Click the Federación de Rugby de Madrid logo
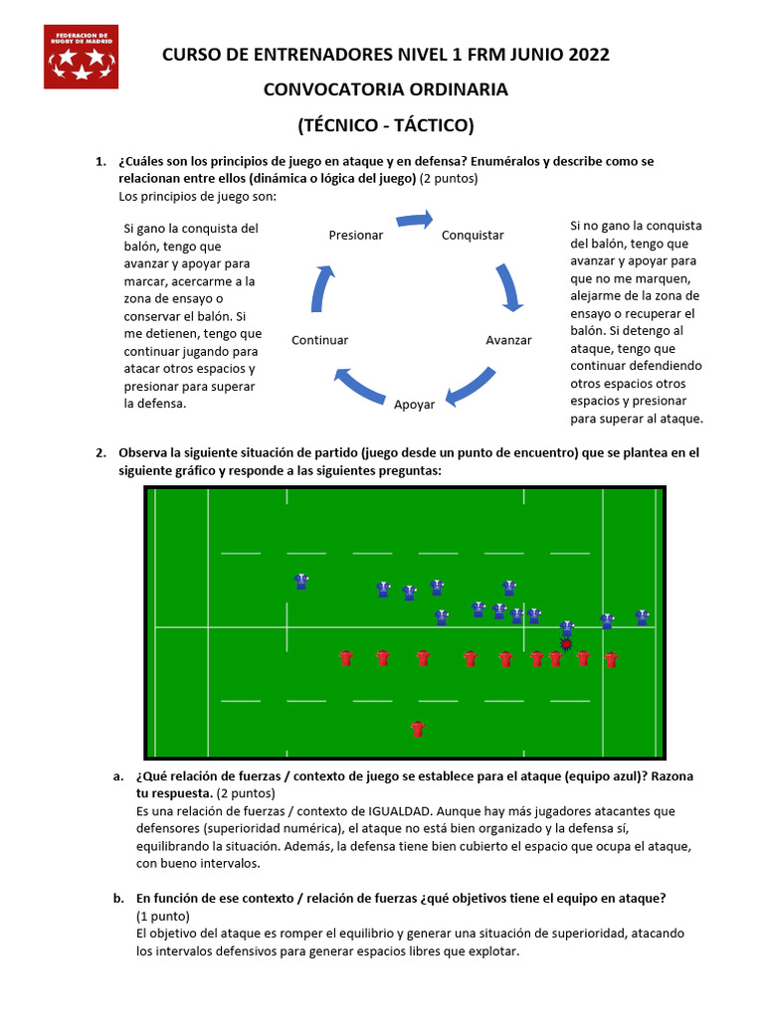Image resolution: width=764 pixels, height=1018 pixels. pos(81,57)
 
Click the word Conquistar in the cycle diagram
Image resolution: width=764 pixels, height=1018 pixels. pos(473,236)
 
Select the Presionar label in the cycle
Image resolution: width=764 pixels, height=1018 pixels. pos(355,236)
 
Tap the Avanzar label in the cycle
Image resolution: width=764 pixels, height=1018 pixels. pos(508,340)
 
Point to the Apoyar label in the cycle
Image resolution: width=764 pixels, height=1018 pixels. pos(414,405)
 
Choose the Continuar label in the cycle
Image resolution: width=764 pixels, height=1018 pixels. pos(319,340)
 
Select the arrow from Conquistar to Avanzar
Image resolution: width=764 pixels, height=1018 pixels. pos(508,287)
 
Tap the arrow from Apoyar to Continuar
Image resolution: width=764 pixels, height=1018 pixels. pos(357,387)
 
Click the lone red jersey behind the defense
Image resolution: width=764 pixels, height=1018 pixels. pos(418,729)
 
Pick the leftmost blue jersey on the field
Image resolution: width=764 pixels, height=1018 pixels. pos(301,581)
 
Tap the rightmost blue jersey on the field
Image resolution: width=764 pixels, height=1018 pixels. pos(643,617)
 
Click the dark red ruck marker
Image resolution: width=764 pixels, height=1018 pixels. pos(566,644)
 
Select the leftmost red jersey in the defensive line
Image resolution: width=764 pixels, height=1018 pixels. pos(345,657)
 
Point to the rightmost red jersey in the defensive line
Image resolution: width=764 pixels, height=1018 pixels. pos(611,659)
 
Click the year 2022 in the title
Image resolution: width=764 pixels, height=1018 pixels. pos(589,54)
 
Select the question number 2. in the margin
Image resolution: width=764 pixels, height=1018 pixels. pos(100,452)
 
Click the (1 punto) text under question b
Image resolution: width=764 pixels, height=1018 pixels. pos(162,916)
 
